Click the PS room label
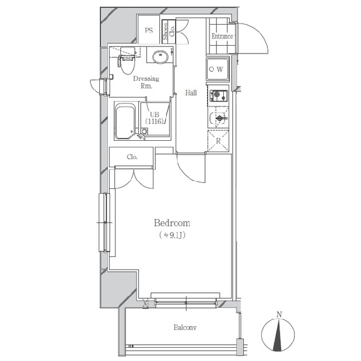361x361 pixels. point(149,31)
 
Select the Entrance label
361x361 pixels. point(222,36)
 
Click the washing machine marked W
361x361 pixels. point(218,69)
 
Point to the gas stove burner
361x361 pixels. point(217,94)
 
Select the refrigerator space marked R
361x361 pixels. point(218,141)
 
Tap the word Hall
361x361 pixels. point(191,93)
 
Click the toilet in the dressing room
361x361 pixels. point(126,63)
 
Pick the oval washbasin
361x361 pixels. point(160,57)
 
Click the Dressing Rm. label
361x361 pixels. point(146,82)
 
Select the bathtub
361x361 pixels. point(125,122)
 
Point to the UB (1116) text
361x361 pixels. point(155,118)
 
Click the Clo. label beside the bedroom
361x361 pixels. point(132,157)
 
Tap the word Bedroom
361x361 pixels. point(172,223)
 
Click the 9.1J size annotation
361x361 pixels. point(172,235)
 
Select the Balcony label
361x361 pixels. point(185,327)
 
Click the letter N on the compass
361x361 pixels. point(279,315)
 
